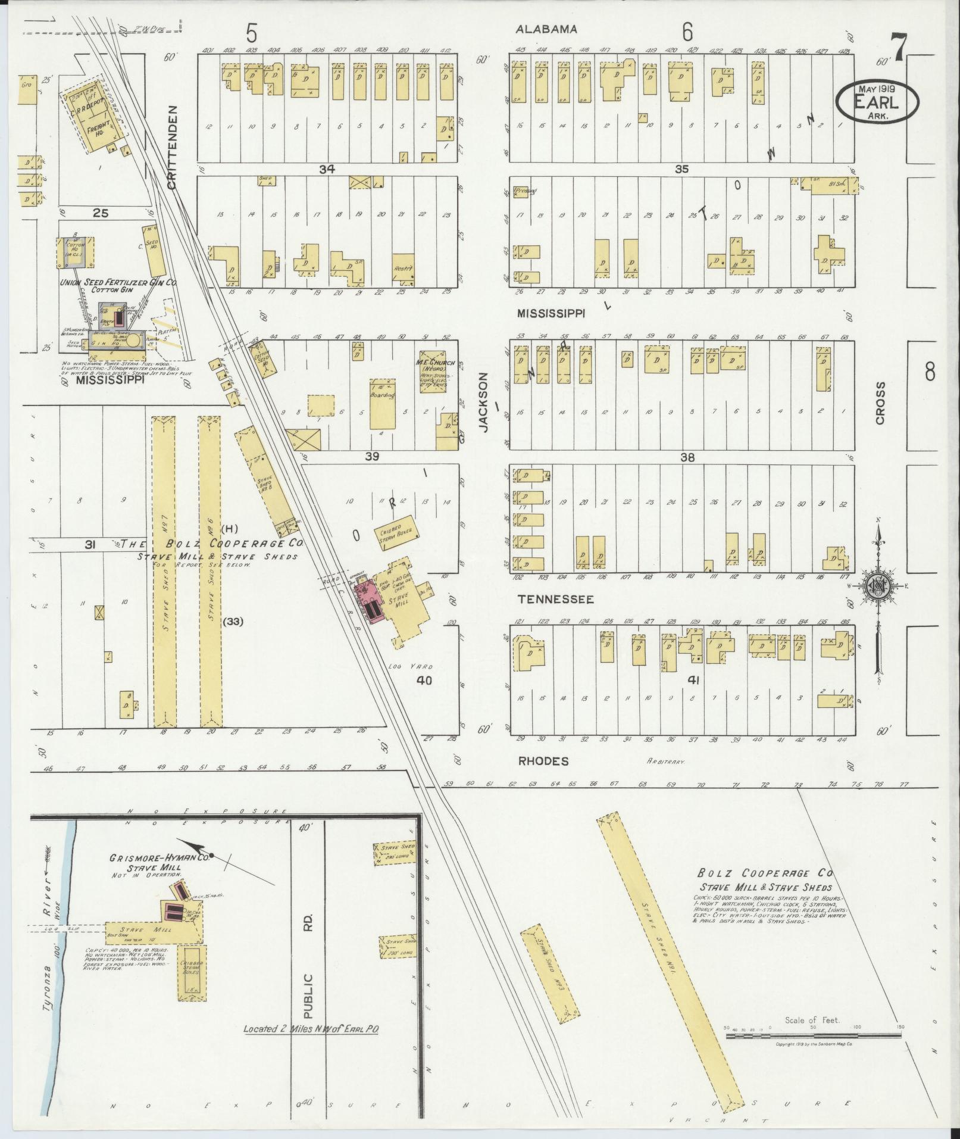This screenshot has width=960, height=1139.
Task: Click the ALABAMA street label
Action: coord(546,29)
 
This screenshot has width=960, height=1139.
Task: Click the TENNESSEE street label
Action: coord(555,599)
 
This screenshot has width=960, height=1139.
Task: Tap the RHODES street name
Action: coord(543,761)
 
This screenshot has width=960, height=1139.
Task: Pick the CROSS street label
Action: coord(880,403)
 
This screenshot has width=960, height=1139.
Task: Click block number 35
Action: coord(681,169)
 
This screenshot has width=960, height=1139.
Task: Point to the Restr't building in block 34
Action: coord(403,266)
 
